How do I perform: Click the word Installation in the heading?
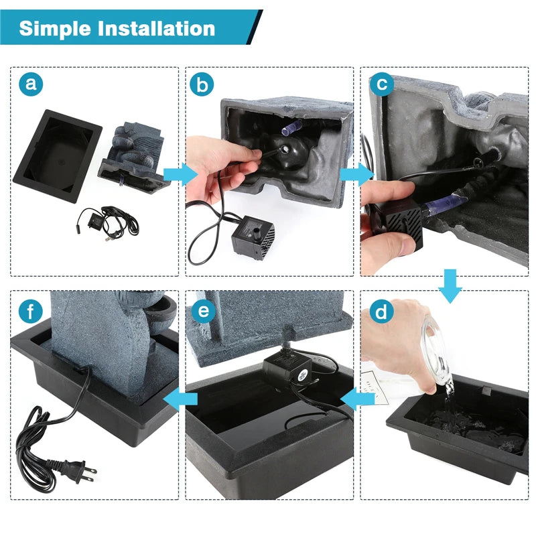(157, 28)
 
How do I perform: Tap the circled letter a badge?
(31, 84)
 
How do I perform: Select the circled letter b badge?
(202, 84)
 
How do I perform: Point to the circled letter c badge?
(382, 84)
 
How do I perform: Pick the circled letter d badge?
(381, 312)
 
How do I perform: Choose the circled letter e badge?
(204, 311)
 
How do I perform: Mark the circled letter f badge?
(30, 311)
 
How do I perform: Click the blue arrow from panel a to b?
(180, 174)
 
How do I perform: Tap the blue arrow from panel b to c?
(357, 174)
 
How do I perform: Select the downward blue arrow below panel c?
(450, 286)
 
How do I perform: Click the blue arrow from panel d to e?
(357, 399)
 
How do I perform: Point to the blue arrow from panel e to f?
(180, 399)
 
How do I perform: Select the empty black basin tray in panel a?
(58, 155)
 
